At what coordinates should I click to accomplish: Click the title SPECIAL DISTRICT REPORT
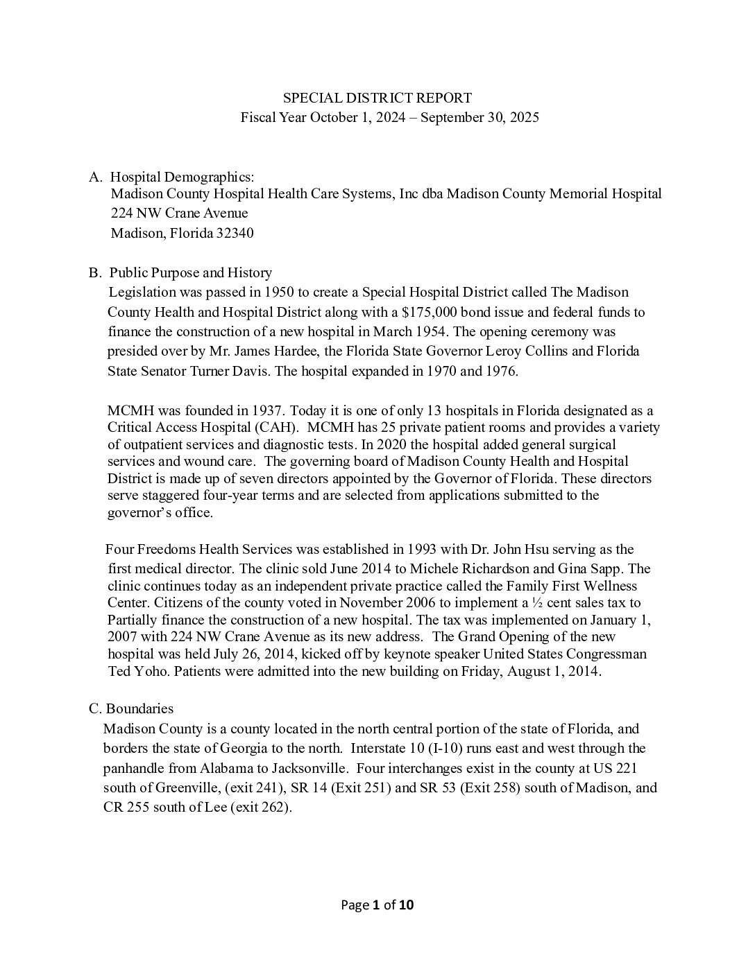click(x=377, y=98)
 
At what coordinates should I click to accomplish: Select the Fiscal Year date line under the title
click(x=389, y=117)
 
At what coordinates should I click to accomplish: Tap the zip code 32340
click(x=233, y=233)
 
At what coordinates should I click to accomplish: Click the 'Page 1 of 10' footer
click(x=377, y=904)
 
